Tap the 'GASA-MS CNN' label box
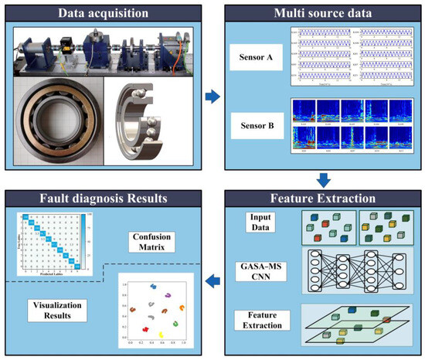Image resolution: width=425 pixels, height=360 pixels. coord(259,270)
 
